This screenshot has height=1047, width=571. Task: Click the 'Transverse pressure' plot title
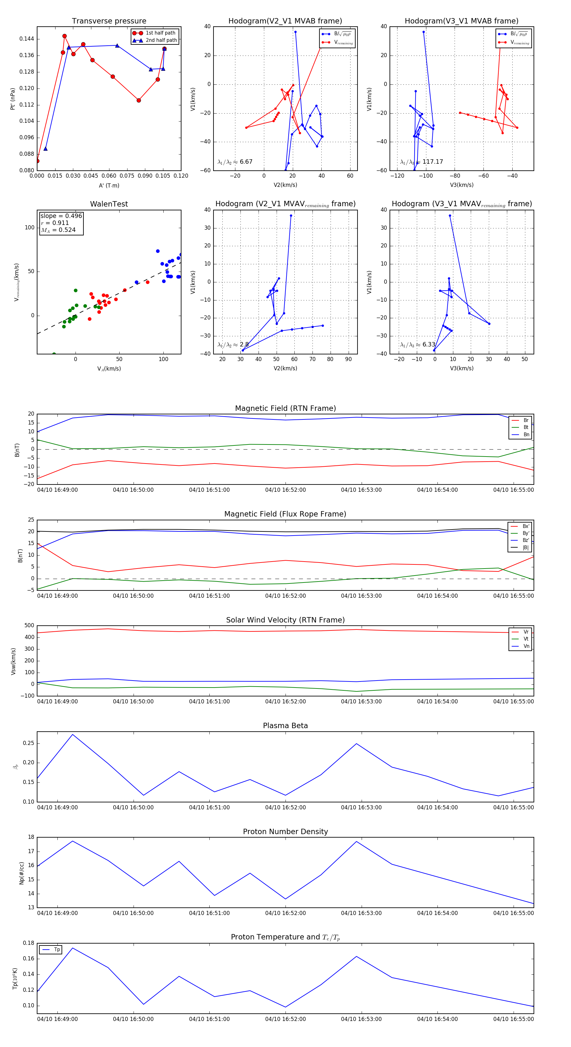[109, 21]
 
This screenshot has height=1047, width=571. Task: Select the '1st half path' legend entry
[160, 33]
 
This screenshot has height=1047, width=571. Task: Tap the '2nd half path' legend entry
[161, 40]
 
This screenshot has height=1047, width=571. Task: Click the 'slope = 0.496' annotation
[61, 216]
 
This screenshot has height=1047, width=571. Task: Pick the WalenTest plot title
[109, 204]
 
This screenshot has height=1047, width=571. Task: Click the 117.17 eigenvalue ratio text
[432, 162]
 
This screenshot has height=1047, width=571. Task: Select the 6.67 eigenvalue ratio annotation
[246, 162]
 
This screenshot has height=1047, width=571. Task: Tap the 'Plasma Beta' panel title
[285, 726]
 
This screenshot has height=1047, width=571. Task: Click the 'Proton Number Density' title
[285, 832]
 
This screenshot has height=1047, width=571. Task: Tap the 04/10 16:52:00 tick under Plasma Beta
[285, 807]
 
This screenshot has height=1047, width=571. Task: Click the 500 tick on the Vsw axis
[29, 626]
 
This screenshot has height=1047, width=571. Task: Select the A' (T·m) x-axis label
[109, 186]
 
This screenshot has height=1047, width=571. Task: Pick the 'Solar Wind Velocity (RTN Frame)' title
[285, 620]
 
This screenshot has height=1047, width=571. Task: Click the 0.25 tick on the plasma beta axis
[29, 743]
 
